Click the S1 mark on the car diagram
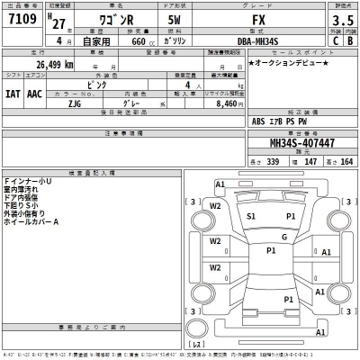pos(251,217)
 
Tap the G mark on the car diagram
pos(283,237)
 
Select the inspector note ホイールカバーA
pos(31,221)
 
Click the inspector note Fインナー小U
pos(28,181)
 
